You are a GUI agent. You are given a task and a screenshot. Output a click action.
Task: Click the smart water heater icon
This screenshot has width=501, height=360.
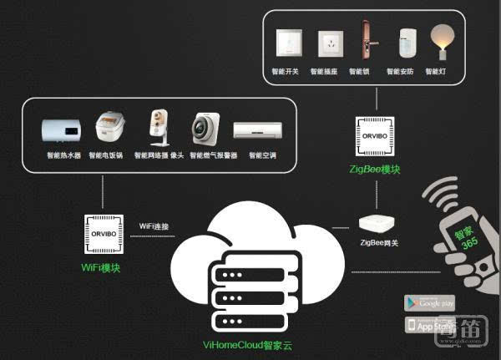tap(64, 130)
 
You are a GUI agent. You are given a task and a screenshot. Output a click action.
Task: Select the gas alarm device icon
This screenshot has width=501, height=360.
tap(205, 129)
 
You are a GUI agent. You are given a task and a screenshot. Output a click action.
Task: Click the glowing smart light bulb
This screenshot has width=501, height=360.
tap(435, 40)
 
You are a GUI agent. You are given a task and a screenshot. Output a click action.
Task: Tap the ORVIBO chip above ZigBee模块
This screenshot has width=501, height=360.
tap(376, 137)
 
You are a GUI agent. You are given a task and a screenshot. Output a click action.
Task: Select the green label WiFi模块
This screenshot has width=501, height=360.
tap(103, 267)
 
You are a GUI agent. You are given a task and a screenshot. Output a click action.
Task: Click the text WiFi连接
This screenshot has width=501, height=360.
tap(154, 226)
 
